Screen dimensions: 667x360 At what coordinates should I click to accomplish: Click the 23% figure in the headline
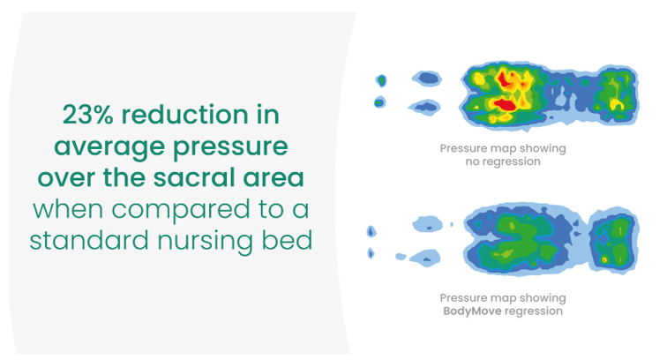point(87,115)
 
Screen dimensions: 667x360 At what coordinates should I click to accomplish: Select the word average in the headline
point(109,147)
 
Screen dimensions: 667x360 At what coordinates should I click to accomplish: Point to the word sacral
point(194,177)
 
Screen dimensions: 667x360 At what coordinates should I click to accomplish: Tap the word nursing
point(206,242)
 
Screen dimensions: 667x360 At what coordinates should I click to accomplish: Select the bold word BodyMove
point(472,311)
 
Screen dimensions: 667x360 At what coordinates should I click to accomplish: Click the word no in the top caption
point(471,161)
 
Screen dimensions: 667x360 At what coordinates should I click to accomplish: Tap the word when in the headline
point(69,209)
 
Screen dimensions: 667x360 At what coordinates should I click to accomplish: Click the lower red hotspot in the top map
point(505,104)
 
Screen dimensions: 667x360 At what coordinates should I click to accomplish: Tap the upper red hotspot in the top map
point(506,79)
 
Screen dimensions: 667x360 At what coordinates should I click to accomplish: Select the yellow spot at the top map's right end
point(617,104)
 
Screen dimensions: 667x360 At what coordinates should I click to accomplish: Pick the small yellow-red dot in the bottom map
point(604,259)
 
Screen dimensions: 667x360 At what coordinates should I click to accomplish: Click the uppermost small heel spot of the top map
point(381,80)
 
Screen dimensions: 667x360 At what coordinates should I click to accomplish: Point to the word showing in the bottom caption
point(543,299)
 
